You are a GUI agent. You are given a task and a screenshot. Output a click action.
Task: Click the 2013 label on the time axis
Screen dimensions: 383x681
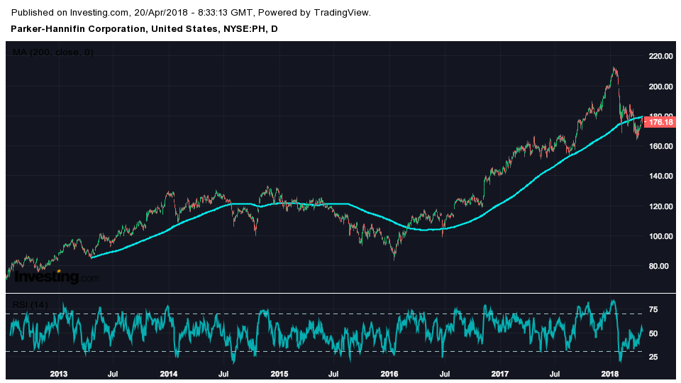(x=59, y=373)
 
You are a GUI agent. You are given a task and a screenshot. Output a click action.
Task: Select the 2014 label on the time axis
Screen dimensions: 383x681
(x=169, y=373)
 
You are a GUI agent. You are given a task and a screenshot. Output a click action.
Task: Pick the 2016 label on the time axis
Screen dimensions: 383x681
(x=389, y=373)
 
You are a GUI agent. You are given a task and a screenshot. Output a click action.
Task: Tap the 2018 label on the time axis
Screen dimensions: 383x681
(x=610, y=373)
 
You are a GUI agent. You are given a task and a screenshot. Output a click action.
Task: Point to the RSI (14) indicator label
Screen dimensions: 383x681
(x=31, y=305)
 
